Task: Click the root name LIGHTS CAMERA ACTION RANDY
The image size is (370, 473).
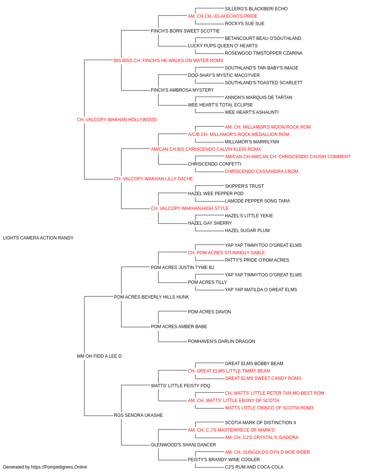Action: [38, 238]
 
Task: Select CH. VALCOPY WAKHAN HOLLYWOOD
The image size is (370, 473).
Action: [117, 120]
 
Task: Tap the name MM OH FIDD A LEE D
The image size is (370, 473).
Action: [99, 356]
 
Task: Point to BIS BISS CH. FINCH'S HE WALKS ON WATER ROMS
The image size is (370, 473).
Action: [168, 61]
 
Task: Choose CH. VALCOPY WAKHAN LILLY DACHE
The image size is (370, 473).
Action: [154, 179]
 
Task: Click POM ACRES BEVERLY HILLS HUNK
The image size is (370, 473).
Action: [151, 297]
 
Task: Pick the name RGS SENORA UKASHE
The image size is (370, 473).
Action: [138, 415]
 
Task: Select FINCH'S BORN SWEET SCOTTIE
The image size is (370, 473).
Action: [185, 31]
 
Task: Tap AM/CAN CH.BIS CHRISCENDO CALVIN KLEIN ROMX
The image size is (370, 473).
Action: [206, 149]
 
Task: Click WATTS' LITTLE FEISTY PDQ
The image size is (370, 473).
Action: [181, 386]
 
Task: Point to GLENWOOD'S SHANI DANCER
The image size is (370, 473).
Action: [183, 445]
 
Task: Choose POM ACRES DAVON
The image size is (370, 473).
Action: [209, 312]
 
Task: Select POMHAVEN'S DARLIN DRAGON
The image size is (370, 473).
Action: [221, 341]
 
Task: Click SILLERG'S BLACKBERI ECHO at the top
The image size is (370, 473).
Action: [256, 9]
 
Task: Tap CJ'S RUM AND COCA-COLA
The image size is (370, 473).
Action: [254, 467]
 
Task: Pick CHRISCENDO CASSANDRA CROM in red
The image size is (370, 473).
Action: [262, 171]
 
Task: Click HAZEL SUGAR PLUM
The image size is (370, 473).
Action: [247, 231]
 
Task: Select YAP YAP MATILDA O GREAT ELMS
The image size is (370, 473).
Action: [261, 289]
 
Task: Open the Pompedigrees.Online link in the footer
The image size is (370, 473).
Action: [59, 467]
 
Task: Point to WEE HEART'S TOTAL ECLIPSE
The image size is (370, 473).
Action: [220, 105]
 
